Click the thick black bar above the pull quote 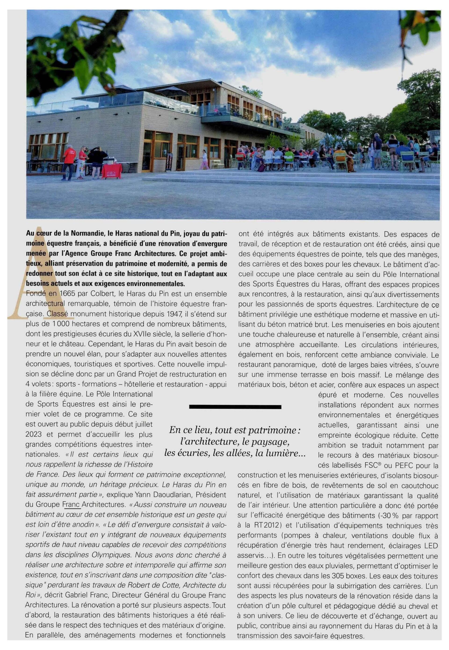(x=235, y=406)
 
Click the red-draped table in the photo (x=112, y=171)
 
